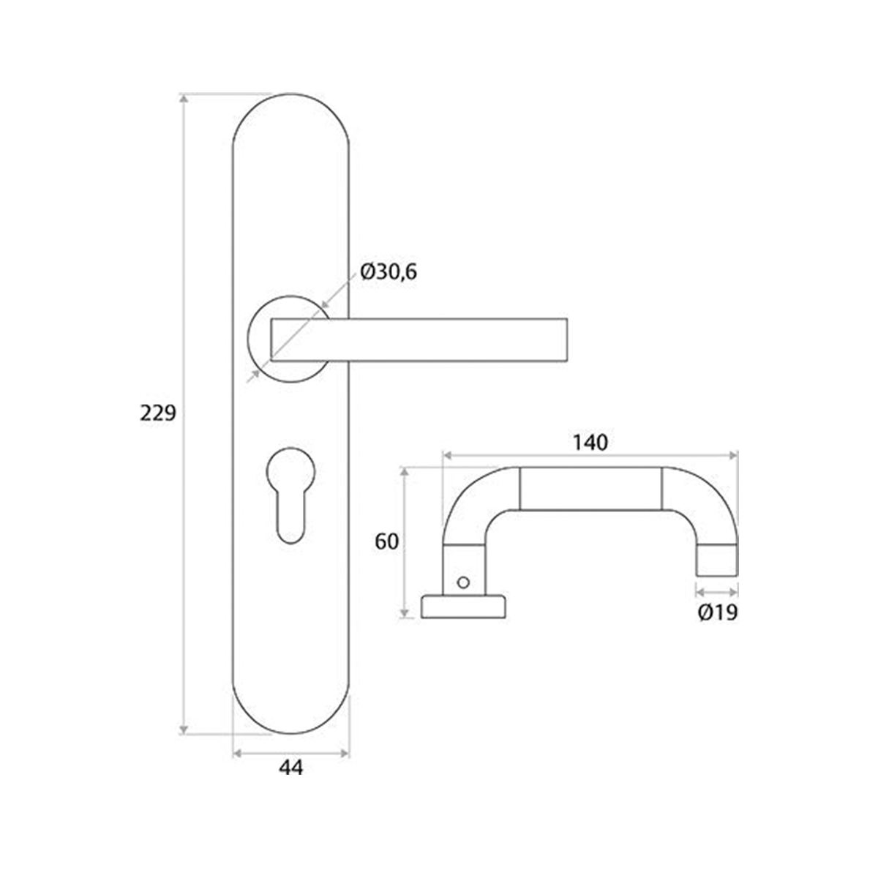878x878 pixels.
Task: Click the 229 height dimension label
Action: click(158, 413)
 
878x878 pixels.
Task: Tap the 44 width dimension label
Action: click(290, 767)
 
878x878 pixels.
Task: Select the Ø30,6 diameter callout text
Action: click(389, 272)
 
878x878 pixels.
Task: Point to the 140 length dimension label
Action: click(590, 442)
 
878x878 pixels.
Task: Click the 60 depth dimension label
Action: click(386, 541)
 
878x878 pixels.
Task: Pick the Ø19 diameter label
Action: click(717, 613)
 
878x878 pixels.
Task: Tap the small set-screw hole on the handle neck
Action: click(462, 582)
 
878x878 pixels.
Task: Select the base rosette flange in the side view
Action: click(464, 607)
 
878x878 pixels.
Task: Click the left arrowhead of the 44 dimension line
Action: click(237, 753)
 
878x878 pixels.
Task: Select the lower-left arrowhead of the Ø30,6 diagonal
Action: click(254, 375)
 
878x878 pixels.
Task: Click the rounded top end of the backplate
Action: click(290, 110)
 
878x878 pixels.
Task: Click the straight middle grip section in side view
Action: click(590, 488)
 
